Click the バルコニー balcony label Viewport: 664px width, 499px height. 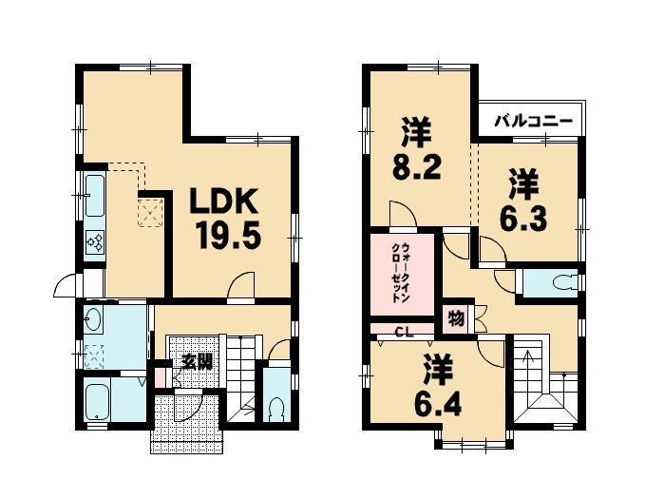pos(531,122)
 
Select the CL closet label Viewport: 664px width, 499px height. pos(402,333)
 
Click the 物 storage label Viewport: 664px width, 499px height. pos(456,317)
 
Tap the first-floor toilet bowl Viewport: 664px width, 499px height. pos(276,409)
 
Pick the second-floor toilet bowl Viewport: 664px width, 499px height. pos(563,283)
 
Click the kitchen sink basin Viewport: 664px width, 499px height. pos(95,197)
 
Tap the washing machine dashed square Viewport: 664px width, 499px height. pos(96,355)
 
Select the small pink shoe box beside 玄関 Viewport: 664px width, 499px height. pos(161,377)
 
